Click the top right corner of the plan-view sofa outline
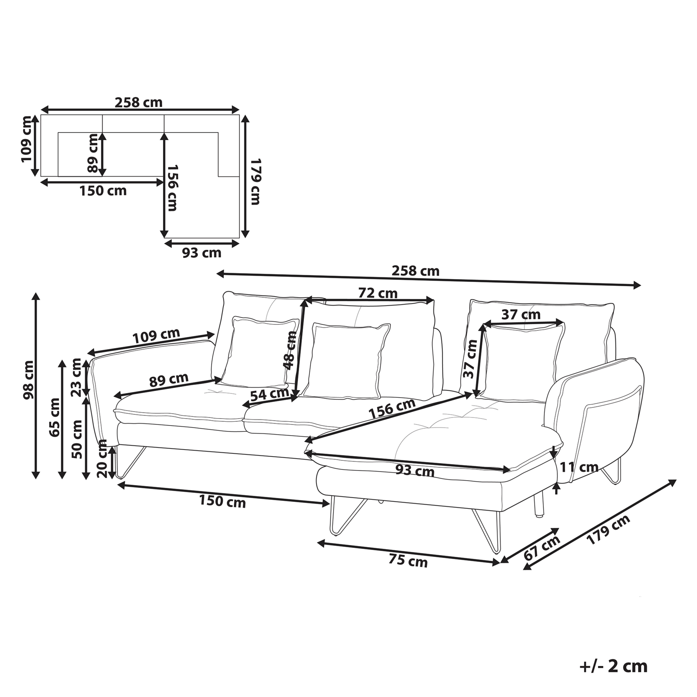coord(239,115)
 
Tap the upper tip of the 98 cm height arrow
coord(36,293)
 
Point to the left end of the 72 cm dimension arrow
coord(306,299)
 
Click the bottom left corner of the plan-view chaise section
coord(165,238)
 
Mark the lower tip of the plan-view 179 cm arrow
coord(245,237)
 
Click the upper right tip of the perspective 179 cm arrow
coord(676,480)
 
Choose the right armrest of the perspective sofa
coord(594,420)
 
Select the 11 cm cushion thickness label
coord(579,467)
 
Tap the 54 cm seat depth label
coord(270,395)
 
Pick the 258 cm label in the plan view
coord(139,102)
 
